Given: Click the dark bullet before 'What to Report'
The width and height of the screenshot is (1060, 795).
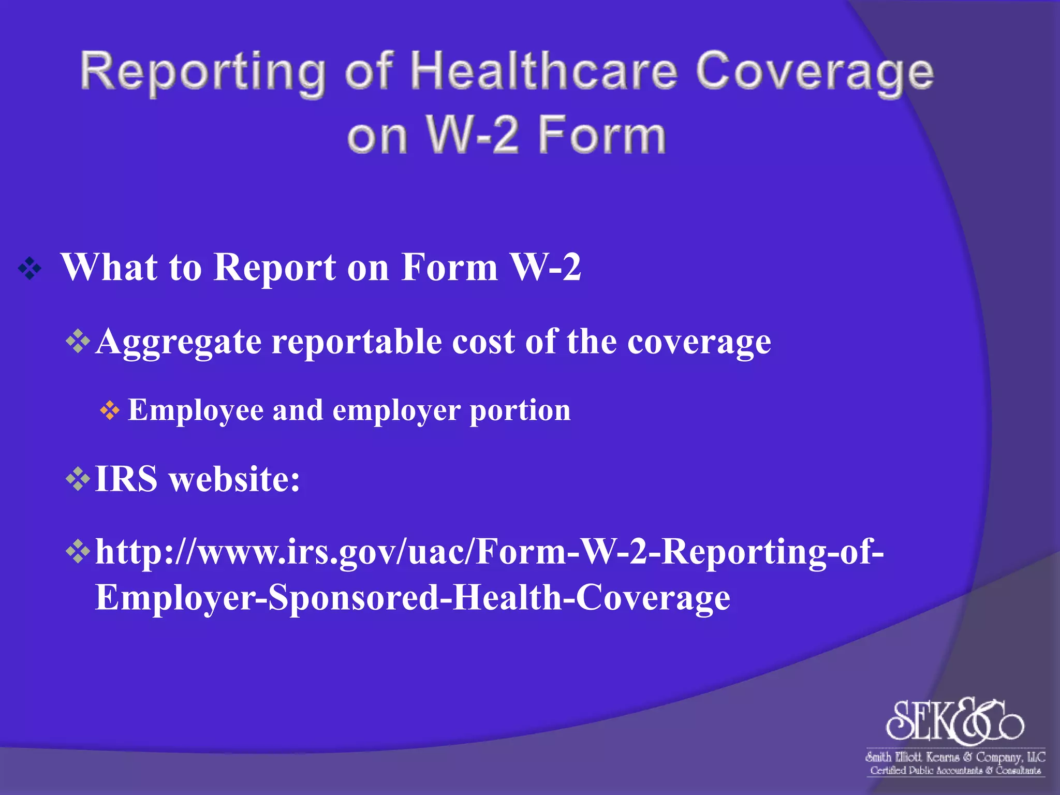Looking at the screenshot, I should point(30,269).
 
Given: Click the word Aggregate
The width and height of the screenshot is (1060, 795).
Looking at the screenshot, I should point(179,342).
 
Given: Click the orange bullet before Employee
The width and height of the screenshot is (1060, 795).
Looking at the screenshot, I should point(110,411).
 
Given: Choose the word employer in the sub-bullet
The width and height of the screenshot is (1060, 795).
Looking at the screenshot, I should point(396,410).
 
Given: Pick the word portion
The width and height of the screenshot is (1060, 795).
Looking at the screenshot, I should point(520,410).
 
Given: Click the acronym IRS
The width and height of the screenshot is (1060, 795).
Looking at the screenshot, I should point(126,479).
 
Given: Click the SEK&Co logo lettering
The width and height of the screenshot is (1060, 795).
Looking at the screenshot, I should point(954,720).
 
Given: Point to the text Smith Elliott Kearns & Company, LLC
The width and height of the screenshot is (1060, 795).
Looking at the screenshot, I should point(955,757).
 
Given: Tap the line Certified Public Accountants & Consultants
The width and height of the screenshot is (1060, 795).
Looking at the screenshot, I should point(955,771).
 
